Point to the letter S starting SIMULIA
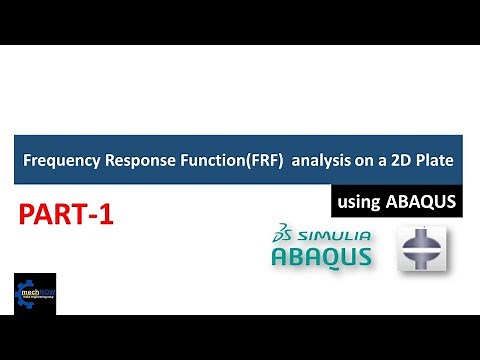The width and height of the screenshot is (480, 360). click(x=297, y=237)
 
